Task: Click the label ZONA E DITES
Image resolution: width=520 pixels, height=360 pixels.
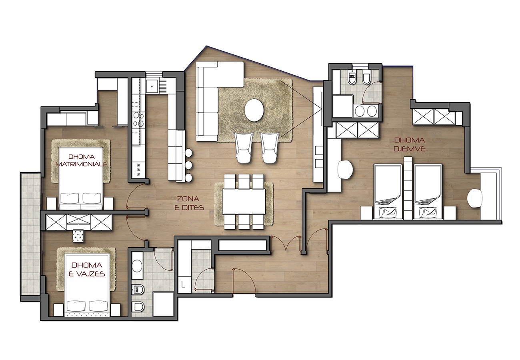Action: click(x=189, y=203)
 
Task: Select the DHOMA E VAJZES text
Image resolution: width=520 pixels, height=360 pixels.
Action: click(x=87, y=270)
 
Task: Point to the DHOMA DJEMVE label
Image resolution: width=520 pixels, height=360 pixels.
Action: click(x=410, y=144)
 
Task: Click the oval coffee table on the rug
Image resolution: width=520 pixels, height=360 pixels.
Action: click(x=254, y=110)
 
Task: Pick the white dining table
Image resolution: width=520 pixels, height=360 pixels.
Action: click(x=244, y=202)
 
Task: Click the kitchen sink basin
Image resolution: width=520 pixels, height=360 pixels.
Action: click(x=152, y=86)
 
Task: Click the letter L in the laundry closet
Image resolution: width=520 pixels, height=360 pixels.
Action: click(x=183, y=284)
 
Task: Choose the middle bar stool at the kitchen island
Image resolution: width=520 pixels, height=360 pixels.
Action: click(x=188, y=165)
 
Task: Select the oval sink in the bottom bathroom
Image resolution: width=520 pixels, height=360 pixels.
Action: click(x=137, y=266)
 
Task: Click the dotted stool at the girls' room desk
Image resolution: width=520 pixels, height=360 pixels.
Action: click(x=78, y=236)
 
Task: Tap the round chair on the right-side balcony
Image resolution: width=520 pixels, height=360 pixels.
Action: click(x=475, y=199)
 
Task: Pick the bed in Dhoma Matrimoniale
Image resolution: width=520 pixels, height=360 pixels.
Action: click(x=80, y=178)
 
